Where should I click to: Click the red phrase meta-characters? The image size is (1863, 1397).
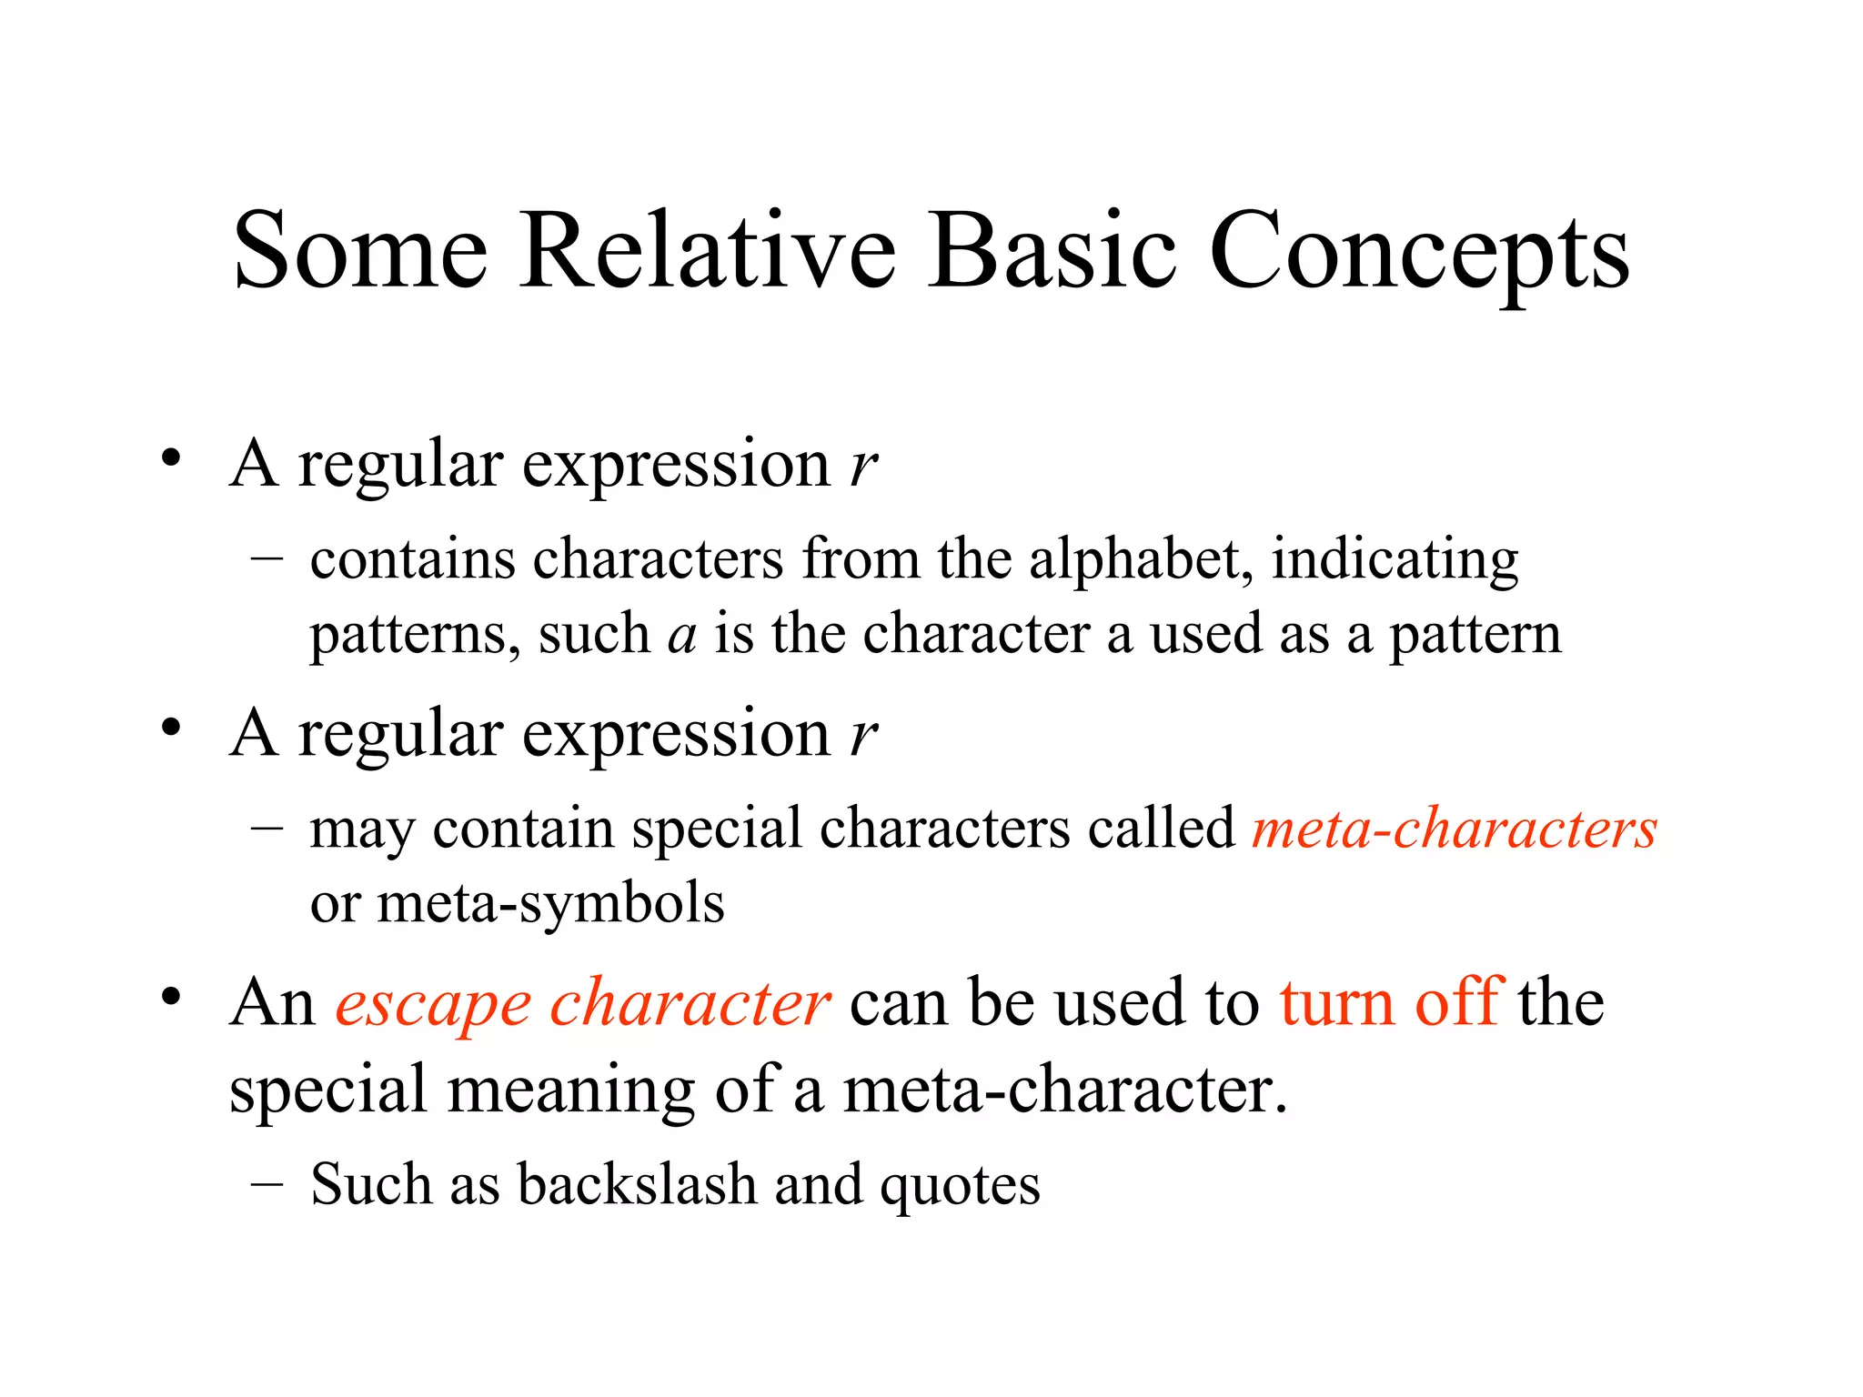[x=1454, y=829]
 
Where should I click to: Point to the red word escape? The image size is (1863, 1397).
[x=433, y=1004]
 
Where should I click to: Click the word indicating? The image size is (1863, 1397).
[x=1395, y=560]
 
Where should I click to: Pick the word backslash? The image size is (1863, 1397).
[x=637, y=1185]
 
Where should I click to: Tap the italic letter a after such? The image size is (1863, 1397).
[x=681, y=635]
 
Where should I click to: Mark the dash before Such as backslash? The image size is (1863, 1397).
[x=267, y=1186]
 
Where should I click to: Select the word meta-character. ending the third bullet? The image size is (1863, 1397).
[x=1064, y=1090]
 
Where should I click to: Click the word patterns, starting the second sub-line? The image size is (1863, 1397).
[x=415, y=635]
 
